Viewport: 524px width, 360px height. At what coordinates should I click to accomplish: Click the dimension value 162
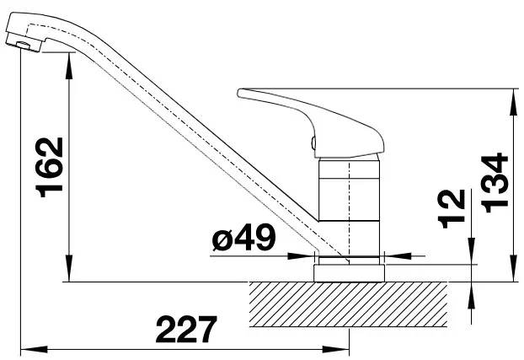point(50,167)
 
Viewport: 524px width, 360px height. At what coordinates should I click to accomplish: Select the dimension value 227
point(186,329)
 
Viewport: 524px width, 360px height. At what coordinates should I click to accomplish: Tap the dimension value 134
point(495,183)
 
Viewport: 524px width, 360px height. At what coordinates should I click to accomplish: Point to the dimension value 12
point(452,209)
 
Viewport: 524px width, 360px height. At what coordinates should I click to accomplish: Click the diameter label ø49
point(244,238)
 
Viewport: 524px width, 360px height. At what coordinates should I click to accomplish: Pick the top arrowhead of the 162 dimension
point(69,66)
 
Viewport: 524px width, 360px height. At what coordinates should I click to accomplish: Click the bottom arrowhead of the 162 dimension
point(69,268)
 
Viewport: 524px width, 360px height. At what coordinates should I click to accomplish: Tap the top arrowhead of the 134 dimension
point(513,102)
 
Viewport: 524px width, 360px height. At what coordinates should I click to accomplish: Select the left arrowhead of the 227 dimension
point(34,350)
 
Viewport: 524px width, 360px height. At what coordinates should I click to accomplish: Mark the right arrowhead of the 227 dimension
point(336,350)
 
